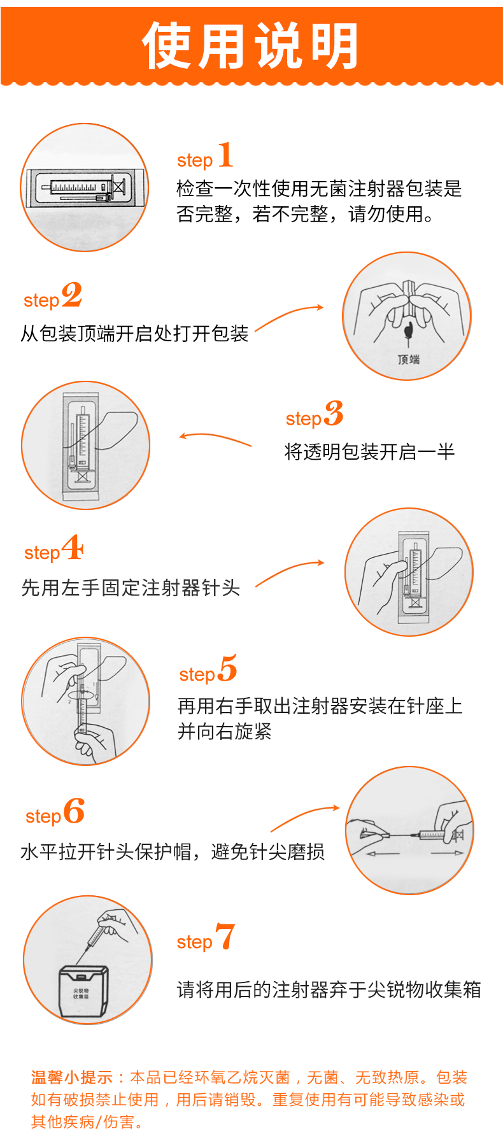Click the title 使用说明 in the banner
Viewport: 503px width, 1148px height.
251,45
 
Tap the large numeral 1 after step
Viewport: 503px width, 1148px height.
225,155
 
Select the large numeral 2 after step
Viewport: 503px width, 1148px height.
72,295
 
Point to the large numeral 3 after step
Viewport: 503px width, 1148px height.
334,414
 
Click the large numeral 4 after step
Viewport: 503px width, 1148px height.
73,548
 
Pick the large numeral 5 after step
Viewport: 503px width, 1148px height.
227,669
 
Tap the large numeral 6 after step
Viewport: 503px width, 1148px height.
74,811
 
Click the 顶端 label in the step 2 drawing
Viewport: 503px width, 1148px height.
409,360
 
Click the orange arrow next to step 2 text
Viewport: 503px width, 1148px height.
289,317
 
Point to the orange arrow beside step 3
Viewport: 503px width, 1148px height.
215,439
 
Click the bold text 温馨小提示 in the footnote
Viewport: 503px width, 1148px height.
71,1077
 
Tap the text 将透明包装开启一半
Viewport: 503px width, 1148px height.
369,452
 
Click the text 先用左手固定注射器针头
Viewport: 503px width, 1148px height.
131,587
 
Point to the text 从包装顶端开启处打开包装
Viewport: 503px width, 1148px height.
134,333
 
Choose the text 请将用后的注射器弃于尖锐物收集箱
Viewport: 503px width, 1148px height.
329,989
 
